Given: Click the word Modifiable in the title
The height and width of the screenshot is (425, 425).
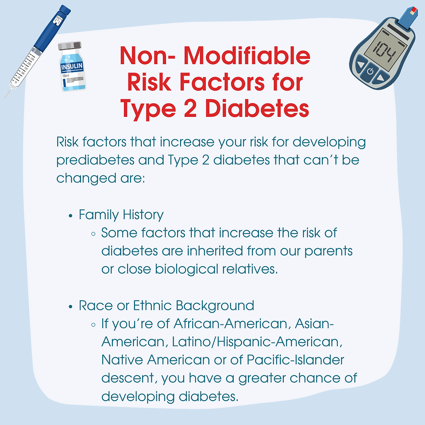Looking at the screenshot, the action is tap(247, 56).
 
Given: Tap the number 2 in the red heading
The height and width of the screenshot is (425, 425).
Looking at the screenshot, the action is tap(190, 108).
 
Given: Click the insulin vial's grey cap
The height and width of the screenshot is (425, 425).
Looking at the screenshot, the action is tap(70, 46).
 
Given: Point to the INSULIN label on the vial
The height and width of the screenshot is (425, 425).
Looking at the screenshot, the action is tap(72, 66).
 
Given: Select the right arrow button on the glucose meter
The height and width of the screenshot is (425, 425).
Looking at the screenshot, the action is tap(380, 78).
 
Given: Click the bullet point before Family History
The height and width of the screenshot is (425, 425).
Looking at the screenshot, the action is tap(71, 216).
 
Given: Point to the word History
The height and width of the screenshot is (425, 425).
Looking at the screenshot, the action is tap(143, 215).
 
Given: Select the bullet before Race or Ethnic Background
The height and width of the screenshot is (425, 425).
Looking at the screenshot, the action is tap(71, 307).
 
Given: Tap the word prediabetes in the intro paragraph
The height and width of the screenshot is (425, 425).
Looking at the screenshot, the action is tap(96, 160).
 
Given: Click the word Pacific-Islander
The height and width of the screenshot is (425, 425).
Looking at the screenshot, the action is tap(295, 360).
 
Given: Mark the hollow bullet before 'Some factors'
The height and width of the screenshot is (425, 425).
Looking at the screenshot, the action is tap(93, 234).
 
